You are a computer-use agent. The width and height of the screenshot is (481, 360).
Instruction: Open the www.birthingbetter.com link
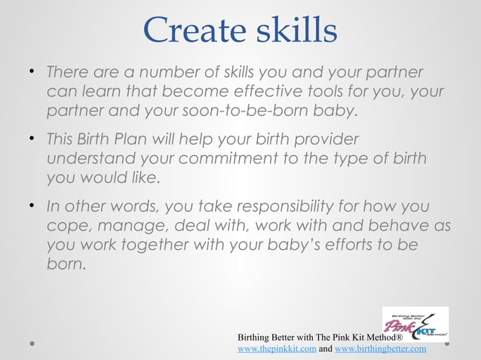[380, 349]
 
